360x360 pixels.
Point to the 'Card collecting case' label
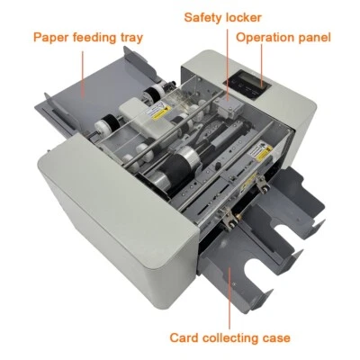229,338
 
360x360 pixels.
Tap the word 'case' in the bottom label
275,338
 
